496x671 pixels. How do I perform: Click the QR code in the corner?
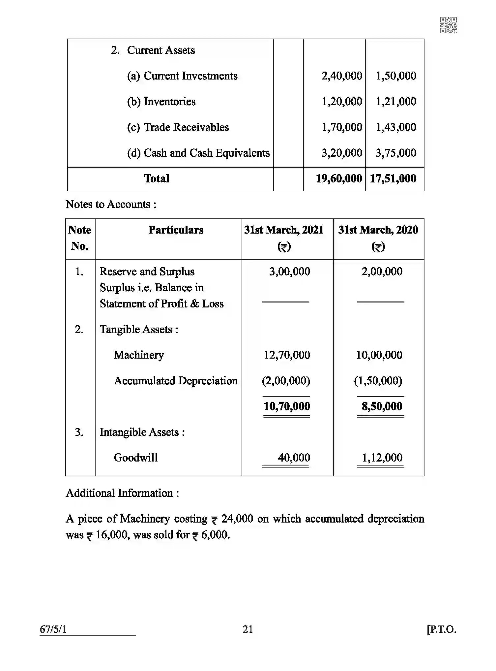[x=448, y=25]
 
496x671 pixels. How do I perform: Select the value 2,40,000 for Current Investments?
[x=342, y=76]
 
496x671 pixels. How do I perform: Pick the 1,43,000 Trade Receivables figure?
[x=396, y=127]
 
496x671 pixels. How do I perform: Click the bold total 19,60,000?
[x=339, y=179]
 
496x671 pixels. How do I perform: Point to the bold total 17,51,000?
[x=393, y=179]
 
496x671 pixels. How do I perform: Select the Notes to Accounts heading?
[x=111, y=204]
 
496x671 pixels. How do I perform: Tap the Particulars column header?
[x=176, y=230]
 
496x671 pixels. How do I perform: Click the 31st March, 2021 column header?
[x=284, y=230]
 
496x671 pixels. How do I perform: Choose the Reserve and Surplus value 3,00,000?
[x=289, y=272]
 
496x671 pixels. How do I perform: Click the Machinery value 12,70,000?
[x=287, y=355]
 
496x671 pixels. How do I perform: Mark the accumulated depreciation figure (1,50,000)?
[x=378, y=381]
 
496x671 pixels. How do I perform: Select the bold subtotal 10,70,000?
[x=287, y=406]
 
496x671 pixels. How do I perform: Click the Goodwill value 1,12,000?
[x=382, y=458]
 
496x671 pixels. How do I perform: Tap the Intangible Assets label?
[x=142, y=432]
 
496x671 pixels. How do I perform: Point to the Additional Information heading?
[x=122, y=493]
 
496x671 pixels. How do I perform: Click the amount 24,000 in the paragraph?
[x=237, y=519]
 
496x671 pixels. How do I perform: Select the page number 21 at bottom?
[x=248, y=629]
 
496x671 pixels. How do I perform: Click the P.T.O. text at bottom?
[x=441, y=629]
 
